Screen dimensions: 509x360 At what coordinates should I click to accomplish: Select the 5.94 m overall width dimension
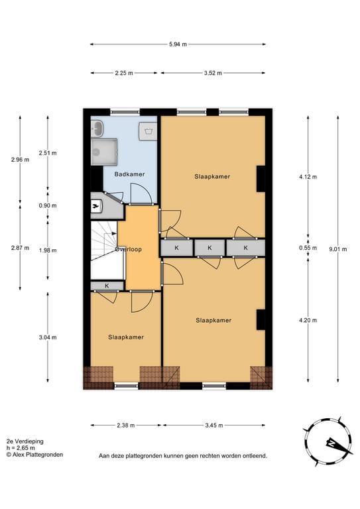pos(178,44)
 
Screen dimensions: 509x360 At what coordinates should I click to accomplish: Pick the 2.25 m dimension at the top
pos(124,74)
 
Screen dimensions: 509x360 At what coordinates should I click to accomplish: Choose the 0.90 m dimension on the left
pos(47,205)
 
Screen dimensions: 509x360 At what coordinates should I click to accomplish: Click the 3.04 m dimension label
pos(47,337)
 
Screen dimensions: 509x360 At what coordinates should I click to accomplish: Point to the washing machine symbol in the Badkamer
pos(147,130)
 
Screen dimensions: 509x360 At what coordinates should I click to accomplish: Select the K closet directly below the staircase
pos(107,286)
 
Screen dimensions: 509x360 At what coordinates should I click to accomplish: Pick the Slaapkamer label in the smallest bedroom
pos(126,337)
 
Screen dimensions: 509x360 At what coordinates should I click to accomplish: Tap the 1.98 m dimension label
pos(47,250)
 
